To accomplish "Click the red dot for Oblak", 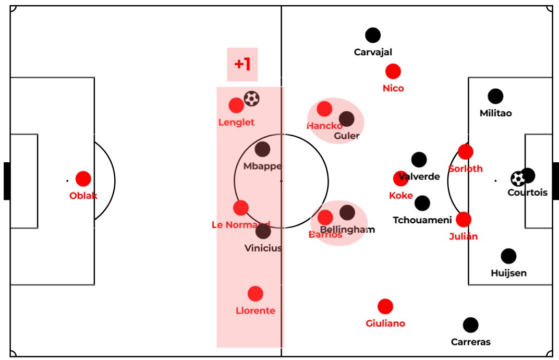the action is pos(83,179).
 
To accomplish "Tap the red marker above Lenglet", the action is pos(236,105).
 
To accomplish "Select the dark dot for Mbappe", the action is pos(262,149).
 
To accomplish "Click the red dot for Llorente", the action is pos(255,294).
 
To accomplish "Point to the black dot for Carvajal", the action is pos(373,35).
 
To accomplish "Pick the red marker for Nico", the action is pos(393,71).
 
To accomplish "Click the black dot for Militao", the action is pos(495,97).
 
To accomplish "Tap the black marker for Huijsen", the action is pos(508,256).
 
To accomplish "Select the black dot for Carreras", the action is pos(470,325).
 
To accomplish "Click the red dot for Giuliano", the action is pos(385,307).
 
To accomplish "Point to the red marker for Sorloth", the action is pos(466,152).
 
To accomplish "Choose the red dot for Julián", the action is pos(463,220).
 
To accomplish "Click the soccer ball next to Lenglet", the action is pos(252,99).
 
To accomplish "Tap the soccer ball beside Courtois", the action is pos(518,179).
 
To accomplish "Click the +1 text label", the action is pos(242,65).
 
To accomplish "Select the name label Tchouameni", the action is pos(422,220).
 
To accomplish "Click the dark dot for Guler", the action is pos(346,119).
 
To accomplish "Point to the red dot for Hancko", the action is pos(324,109).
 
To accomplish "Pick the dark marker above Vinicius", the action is pos(263,231).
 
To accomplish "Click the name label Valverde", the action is pos(419,176).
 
